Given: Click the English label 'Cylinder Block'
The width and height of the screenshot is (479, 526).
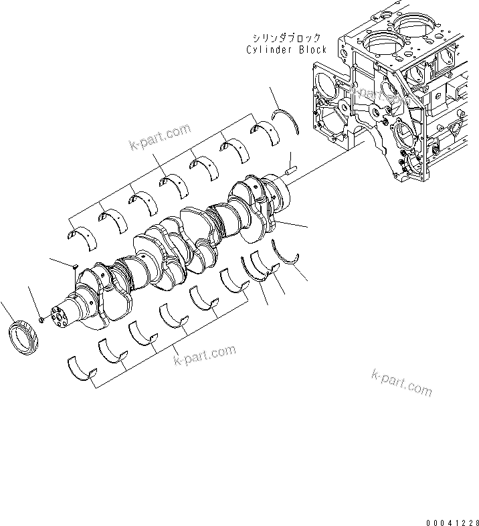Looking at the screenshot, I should (286, 50).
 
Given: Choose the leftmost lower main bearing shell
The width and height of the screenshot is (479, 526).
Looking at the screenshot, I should (81, 369).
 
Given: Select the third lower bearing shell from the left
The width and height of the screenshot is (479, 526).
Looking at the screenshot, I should (142, 333).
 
